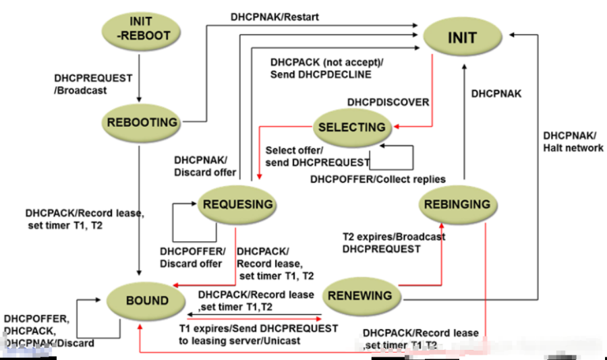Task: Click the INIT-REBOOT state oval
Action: click(142, 30)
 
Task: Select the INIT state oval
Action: click(463, 37)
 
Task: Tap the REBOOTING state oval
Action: click(142, 123)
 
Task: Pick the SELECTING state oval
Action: click(352, 127)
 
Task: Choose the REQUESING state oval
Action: click(237, 204)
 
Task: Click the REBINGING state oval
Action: click(457, 204)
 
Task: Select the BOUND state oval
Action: click(146, 301)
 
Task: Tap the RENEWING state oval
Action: click(362, 296)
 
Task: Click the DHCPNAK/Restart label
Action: click(274, 17)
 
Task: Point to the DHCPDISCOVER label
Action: click(388, 102)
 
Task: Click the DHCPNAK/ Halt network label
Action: click(573, 142)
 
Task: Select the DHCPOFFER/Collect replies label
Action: click(378, 179)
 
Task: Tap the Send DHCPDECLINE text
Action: click(320, 74)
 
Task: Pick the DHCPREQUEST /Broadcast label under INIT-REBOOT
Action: click(93, 84)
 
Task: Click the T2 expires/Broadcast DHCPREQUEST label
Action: click(394, 243)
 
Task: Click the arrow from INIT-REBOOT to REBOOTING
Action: click(139, 78)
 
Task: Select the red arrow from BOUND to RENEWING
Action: click(254, 319)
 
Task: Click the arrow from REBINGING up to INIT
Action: click(464, 121)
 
